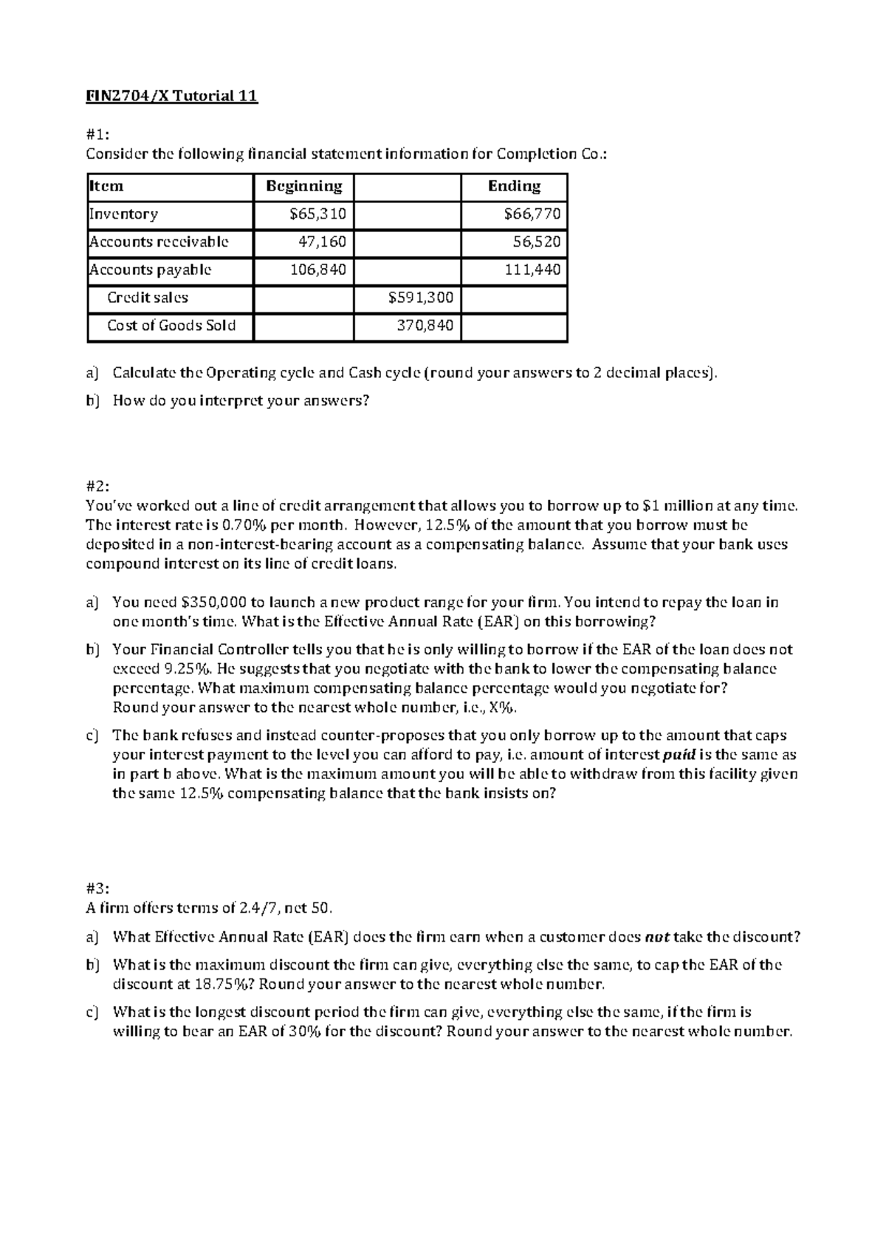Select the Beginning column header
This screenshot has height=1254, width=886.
303,186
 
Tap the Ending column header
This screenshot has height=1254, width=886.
514,186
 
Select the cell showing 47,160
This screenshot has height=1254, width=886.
322,241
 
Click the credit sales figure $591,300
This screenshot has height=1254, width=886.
421,298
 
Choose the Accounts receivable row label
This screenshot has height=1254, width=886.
159,241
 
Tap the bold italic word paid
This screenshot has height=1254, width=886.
679,755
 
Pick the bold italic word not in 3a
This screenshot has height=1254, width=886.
656,937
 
